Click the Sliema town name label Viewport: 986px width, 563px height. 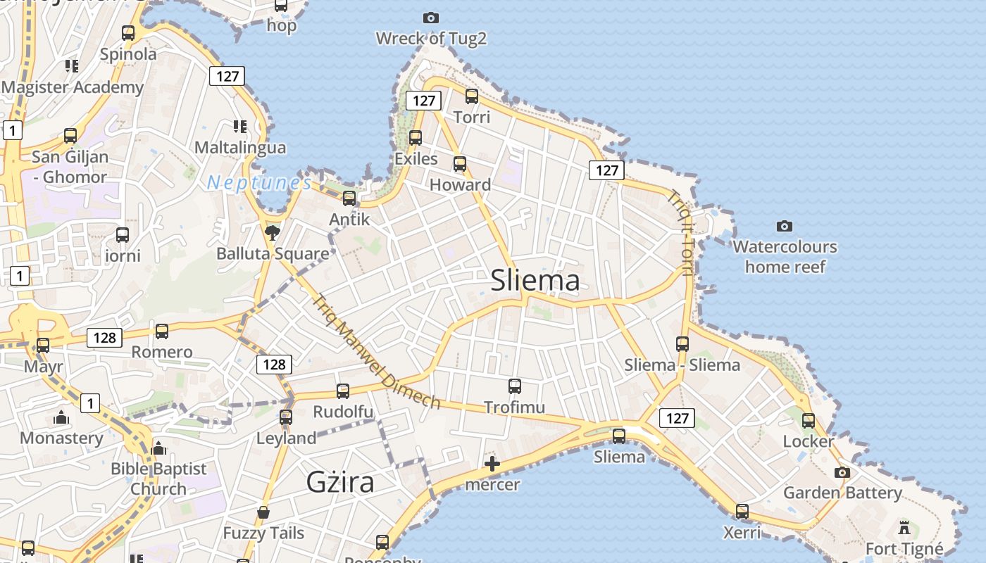[535, 280]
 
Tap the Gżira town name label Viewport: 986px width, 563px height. [340, 482]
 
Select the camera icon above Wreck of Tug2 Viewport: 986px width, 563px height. [431, 18]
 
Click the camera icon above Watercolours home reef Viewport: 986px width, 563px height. [785, 226]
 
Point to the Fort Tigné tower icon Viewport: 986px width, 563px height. [904, 527]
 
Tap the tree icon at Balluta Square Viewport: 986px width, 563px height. [272, 232]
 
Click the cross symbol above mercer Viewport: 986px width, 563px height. [492, 464]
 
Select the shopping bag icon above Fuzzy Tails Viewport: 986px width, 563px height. [263, 512]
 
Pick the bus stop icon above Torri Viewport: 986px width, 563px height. [472, 96]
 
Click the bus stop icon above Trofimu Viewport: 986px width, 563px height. [515, 386]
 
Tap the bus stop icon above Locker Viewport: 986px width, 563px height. [809, 421]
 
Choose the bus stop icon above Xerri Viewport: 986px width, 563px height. [742, 512]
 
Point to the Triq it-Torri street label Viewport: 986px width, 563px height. [681, 232]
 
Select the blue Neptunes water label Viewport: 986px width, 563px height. [259, 184]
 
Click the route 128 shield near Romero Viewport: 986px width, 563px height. [104, 338]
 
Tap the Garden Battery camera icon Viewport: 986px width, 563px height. [842, 472]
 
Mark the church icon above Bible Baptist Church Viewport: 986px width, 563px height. [159, 448]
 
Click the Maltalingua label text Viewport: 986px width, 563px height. [240, 148]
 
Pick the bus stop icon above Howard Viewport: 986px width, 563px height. [460, 164]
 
